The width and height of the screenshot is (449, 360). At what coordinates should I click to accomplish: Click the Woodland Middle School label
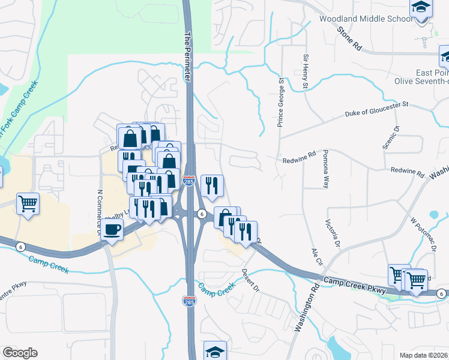click(x=366, y=19)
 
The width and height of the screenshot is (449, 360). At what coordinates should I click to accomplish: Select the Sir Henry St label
click(x=305, y=71)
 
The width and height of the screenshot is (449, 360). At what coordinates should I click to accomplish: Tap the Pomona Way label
click(x=326, y=170)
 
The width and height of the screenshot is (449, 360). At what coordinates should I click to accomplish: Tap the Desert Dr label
click(x=250, y=279)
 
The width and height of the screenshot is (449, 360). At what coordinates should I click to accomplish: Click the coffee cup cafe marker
click(x=112, y=229)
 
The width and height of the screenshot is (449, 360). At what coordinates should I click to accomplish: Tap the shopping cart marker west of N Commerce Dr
click(x=28, y=204)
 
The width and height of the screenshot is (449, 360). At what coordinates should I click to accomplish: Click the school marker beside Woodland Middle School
click(x=421, y=8)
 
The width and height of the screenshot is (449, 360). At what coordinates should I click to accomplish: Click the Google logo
click(x=19, y=353)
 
